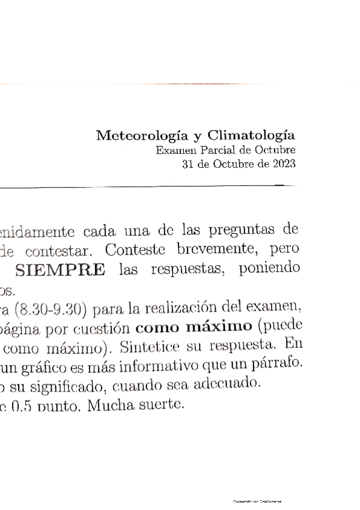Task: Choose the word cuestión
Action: [x=104, y=330]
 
